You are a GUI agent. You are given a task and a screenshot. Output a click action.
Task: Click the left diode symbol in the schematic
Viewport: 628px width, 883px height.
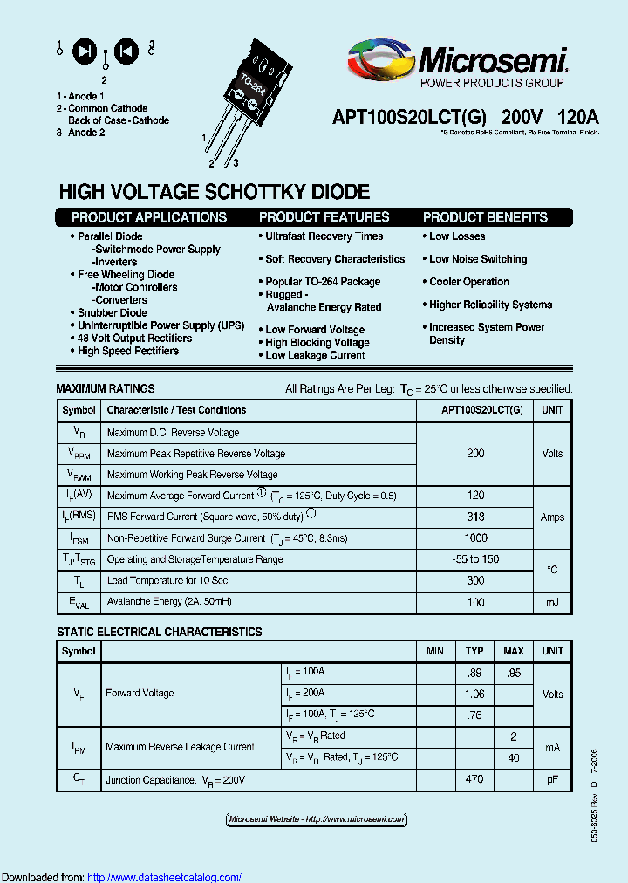click(x=85, y=50)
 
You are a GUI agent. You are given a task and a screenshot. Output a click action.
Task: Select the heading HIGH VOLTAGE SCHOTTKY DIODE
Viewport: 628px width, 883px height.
click(x=214, y=192)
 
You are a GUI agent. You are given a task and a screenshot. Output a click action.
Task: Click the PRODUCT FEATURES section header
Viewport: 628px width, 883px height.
click(x=324, y=217)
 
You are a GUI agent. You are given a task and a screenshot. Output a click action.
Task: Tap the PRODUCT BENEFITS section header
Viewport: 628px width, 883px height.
click(x=485, y=217)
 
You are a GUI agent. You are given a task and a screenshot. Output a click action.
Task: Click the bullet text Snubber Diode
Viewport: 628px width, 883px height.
click(x=112, y=312)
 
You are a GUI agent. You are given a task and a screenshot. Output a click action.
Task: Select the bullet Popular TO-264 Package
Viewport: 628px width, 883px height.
click(x=323, y=282)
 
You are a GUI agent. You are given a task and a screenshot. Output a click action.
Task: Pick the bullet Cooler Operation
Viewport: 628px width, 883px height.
click(x=468, y=282)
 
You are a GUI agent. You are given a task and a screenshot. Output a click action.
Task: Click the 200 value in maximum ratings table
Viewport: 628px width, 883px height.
click(x=475, y=454)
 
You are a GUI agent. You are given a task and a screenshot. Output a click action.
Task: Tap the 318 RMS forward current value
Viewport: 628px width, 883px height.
click(x=475, y=517)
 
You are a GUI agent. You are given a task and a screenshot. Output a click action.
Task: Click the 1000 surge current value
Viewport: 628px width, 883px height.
click(x=475, y=538)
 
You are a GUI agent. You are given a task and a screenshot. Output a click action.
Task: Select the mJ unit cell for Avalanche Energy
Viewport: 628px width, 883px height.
click(x=552, y=602)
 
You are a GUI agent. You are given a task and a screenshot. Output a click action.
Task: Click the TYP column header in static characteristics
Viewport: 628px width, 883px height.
click(x=474, y=651)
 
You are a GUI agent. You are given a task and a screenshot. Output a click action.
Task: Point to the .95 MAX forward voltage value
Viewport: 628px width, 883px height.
click(x=514, y=672)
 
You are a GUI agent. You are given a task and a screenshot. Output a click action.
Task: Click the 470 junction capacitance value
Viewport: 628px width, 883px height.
click(x=474, y=779)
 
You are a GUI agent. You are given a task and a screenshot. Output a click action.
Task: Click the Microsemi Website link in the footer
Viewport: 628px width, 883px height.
click(x=316, y=819)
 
